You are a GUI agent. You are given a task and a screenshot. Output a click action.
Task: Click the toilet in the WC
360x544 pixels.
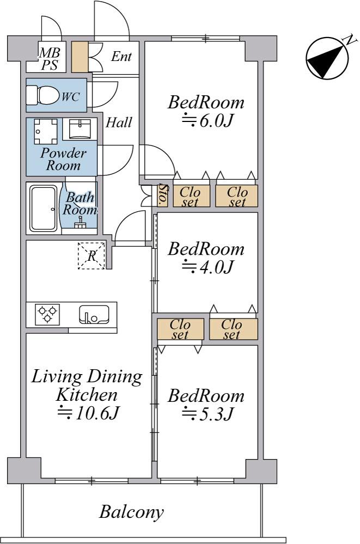coord(44,96)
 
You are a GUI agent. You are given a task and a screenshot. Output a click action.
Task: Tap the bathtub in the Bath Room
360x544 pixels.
coord(44,207)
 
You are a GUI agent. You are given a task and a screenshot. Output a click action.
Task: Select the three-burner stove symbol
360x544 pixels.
coord(47,314)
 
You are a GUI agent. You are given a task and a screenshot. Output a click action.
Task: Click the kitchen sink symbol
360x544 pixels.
coord(94,314)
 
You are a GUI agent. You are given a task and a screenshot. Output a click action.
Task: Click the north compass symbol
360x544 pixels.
coord(326,58)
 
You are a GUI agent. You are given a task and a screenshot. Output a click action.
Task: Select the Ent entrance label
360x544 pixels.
coord(121,57)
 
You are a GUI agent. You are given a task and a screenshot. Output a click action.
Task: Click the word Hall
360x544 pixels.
coord(118,123)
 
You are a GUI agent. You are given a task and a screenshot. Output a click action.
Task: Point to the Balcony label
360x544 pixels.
coord(131,512)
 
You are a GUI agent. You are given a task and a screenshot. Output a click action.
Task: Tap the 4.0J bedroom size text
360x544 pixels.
coord(207,267)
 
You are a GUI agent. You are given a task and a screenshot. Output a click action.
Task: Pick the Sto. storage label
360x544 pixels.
coord(162,195)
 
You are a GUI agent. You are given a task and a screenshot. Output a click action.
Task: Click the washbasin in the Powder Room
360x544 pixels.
coord(80,129)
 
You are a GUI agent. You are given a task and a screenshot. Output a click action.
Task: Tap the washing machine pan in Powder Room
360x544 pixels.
coord(44,130)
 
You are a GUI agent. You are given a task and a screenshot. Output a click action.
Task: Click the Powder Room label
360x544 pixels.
coord(63,159)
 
